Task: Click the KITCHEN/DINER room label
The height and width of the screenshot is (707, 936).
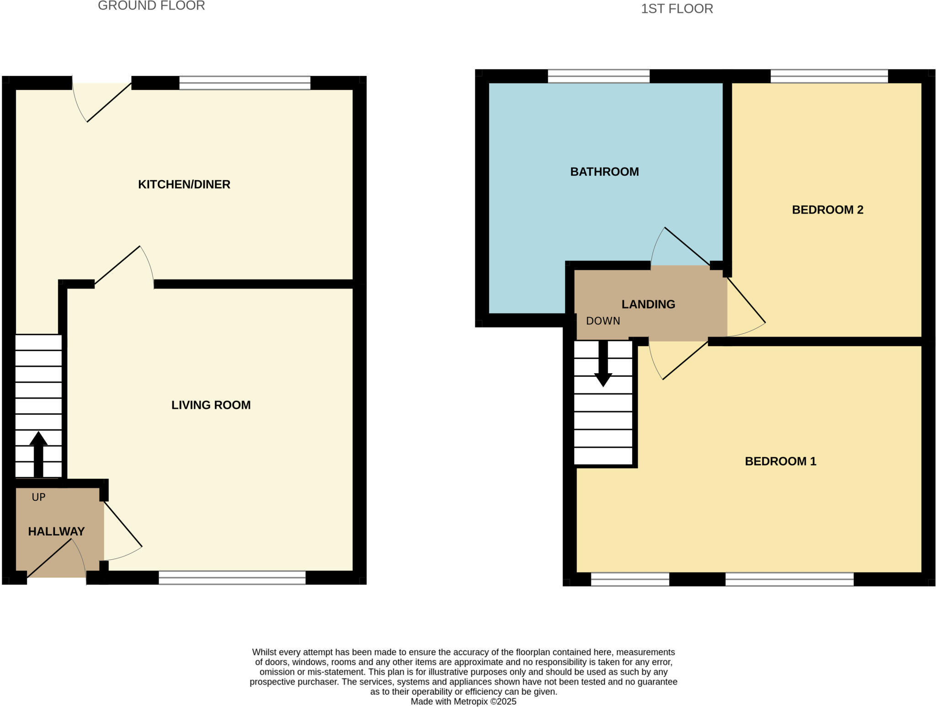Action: [x=184, y=184]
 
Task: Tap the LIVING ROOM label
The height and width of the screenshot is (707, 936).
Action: [x=211, y=405]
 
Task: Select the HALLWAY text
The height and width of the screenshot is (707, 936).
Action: [x=56, y=531]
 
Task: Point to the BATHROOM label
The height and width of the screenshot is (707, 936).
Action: [x=604, y=171]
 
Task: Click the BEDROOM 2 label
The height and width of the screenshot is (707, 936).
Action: [x=827, y=209]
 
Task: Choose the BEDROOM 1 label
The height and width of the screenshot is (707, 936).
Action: [x=780, y=461]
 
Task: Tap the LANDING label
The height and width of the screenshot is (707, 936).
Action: [x=648, y=304]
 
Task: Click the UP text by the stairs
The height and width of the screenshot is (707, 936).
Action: [x=38, y=497]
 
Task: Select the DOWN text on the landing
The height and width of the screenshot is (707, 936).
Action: [x=603, y=321]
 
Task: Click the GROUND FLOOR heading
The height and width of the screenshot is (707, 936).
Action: [x=151, y=6]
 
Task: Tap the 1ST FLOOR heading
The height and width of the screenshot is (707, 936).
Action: [x=676, y=9]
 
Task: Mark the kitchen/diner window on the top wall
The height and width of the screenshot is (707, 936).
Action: [x=245, y=83]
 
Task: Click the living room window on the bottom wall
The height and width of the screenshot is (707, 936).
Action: [x=232, y=578]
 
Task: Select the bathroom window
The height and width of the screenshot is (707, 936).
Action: [x=598, y=76]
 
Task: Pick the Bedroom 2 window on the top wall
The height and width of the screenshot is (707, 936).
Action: [x=829, y=76]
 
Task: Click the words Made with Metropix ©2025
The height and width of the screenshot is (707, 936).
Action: [x=463, y=702]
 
